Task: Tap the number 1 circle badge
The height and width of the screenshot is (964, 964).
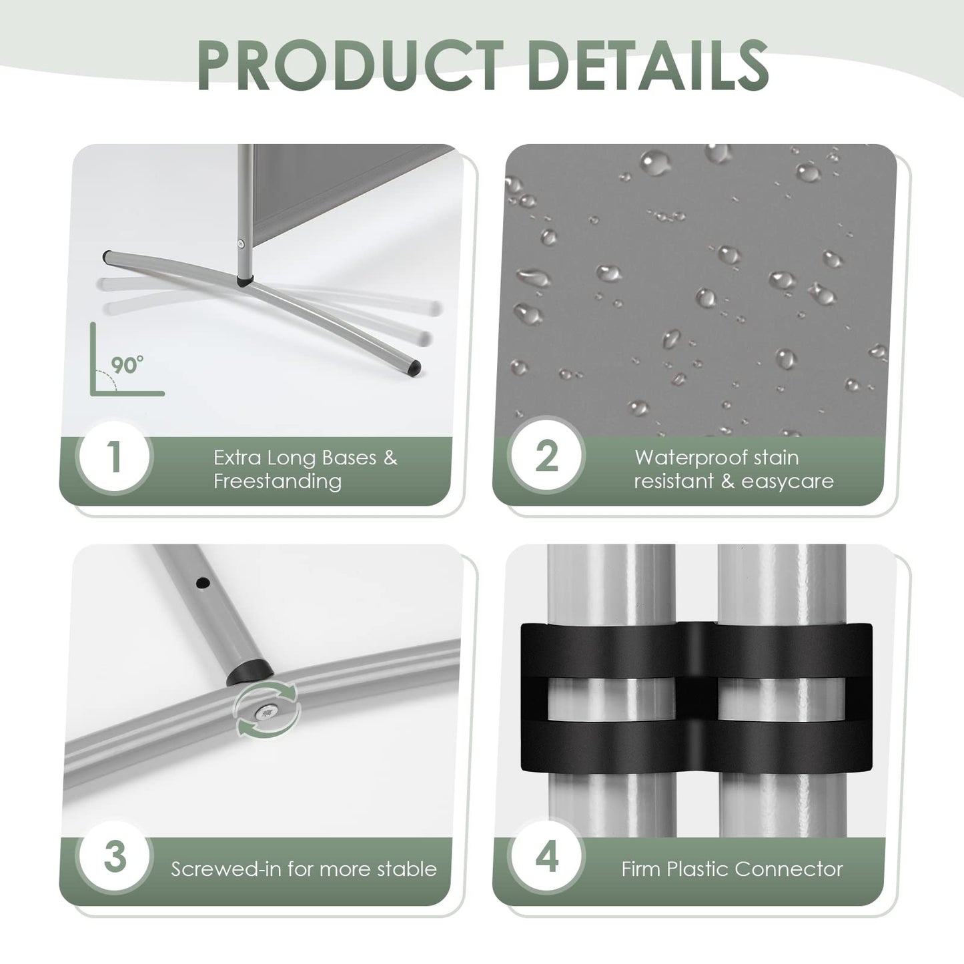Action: [115, 457]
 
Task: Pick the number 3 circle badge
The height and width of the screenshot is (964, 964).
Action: [115, 857]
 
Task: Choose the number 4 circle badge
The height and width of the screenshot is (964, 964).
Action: [547, 857]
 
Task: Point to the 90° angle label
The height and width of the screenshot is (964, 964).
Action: [127, 365]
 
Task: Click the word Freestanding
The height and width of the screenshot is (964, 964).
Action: [278, 481]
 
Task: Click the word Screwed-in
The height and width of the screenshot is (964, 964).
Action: [227, 869]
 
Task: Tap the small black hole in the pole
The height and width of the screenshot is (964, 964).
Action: [203, 583]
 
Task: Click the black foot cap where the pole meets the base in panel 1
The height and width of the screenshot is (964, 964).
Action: [245, 281]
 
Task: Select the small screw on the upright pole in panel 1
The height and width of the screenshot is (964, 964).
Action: [241, 244]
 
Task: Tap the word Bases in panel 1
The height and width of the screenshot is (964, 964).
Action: [349, 458]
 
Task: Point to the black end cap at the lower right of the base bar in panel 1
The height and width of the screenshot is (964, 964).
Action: [415, 368]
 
